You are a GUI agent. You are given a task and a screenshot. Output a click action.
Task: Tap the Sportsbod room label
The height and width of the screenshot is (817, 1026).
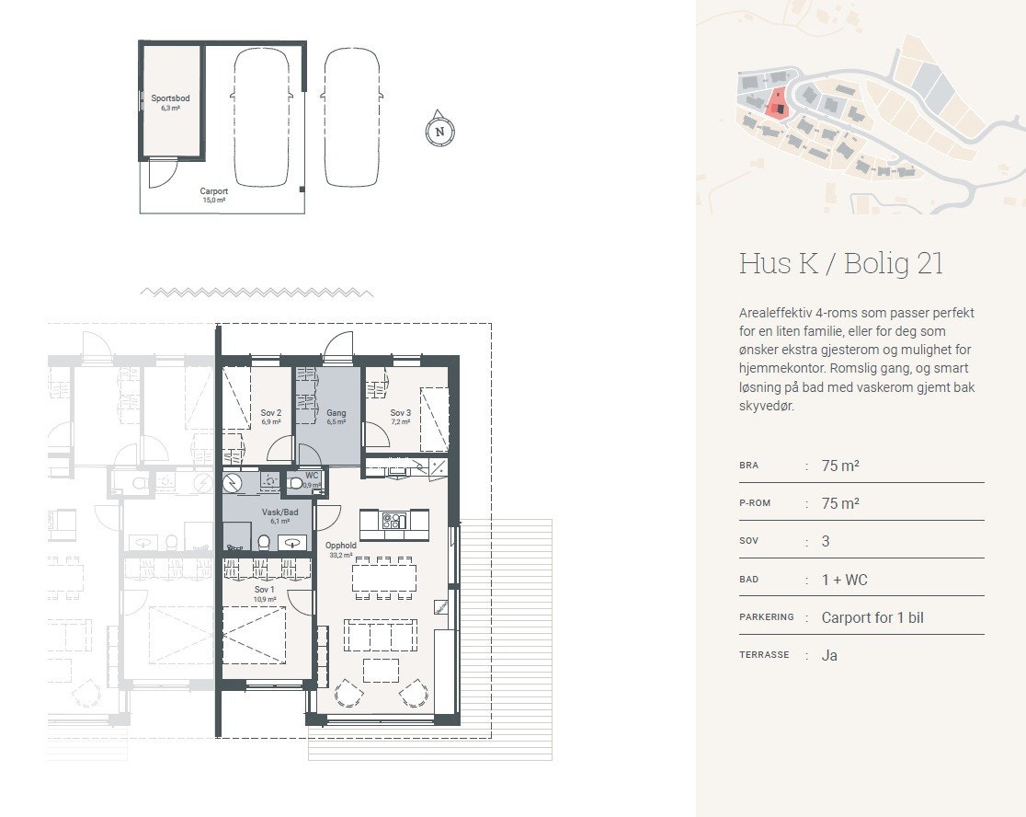(x=170, y=103)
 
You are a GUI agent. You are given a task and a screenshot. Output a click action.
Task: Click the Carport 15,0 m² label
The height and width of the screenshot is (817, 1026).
(x=214, y=195)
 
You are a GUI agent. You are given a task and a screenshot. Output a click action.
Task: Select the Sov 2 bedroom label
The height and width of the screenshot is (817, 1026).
(x=271, y=417)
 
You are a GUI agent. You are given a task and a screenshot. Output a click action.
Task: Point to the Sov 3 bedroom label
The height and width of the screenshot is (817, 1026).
(x=401, y=417)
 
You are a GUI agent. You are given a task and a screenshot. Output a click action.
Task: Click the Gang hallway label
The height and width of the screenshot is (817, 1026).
(x=336, y=417)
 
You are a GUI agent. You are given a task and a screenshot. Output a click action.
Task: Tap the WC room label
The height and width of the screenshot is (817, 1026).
(x=312, y=480)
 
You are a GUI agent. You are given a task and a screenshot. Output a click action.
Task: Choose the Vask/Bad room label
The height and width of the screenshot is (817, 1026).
(x=280, y=516)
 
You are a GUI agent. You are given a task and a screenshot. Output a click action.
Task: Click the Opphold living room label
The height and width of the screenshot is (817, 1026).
(x=341, y=549)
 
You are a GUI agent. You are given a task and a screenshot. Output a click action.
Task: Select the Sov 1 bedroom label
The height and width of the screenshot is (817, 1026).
(x=265, y=593)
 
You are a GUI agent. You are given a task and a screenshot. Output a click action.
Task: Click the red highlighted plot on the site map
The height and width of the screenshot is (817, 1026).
(x=777, y=104)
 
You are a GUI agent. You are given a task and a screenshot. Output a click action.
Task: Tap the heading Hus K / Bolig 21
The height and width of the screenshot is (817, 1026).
(x=841, y=263)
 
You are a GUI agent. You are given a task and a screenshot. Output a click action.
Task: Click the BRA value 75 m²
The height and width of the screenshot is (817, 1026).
(x=840, y=466)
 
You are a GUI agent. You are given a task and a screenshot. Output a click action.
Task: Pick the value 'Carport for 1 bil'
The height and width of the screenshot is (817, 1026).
(x=872, y=617)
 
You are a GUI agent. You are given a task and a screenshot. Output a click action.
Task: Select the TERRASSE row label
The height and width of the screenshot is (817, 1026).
(x=764, y=655)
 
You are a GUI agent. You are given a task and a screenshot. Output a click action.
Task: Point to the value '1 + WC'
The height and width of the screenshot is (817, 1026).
(x=844, y=580)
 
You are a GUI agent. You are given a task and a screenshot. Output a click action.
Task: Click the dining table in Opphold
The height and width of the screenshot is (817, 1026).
(x=384, y=578)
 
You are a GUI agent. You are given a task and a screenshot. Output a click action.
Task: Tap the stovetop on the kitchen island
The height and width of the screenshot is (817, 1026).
(x=393, y=521)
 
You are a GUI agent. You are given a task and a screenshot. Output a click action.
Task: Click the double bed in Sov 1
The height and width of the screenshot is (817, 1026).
(x=254, y=635)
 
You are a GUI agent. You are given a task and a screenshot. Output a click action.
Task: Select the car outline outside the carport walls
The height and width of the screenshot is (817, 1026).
(x=352, y=117)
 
